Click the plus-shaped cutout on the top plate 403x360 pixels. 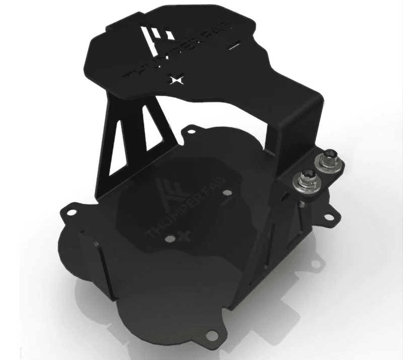[x=176, y=80]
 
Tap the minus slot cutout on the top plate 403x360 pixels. [x=233, y=47]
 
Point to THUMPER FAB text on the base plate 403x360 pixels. [x=181, y=212]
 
